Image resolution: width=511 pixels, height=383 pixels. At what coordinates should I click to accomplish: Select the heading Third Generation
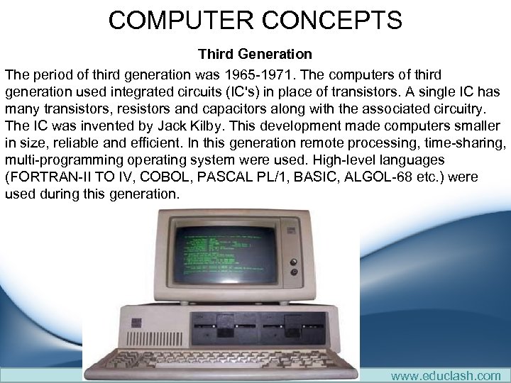[x=255, y=54]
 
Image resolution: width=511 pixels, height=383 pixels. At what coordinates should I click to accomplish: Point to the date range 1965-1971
[x=288, y=74]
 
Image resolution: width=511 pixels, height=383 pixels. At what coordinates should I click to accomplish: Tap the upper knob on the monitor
[x=292, y=260]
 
